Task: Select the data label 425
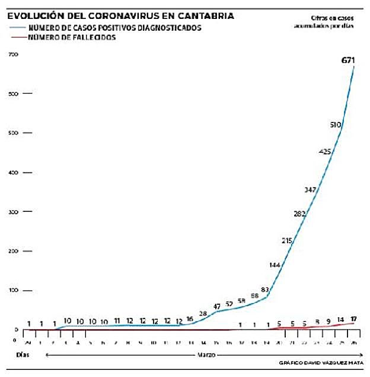point(325,152)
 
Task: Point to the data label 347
point(310,190)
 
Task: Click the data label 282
point(300,214)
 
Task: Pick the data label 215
point(288,240)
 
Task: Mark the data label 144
point(275,265)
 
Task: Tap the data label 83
point(265,290)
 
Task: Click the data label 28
point(203,314)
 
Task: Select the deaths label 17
point(353,319)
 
